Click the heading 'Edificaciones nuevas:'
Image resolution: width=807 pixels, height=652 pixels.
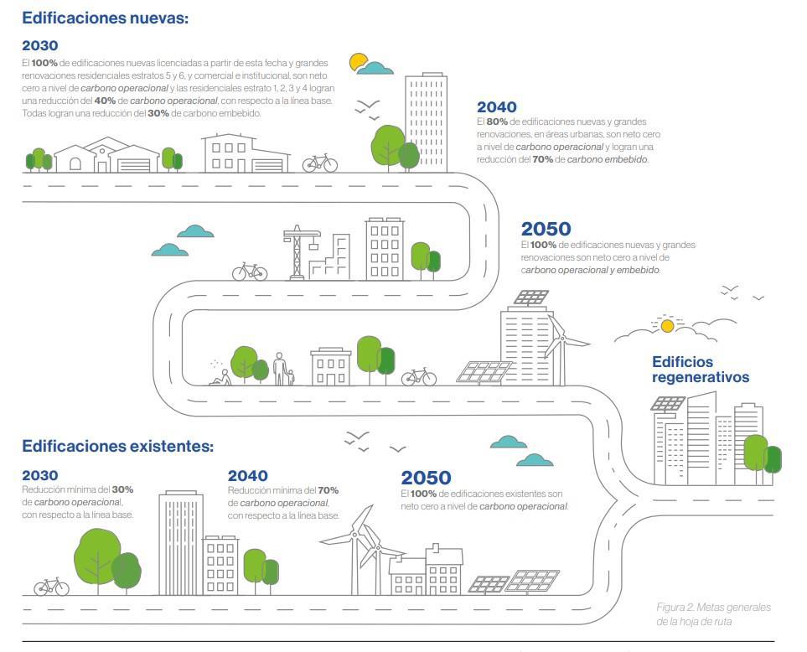tap(105, 18)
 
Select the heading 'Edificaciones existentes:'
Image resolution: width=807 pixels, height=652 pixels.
tap(117, 446)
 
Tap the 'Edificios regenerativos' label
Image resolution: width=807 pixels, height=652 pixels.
tap(701, 370)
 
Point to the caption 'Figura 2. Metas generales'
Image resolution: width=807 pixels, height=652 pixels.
tap(713, 608)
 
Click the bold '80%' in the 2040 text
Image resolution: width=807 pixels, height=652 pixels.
tap(497, 122)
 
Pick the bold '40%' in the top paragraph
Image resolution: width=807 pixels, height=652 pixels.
tap(105, 101)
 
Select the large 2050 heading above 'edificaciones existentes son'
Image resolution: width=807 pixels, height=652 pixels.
tap(427, 478)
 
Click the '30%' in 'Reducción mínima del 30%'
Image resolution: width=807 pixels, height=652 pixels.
tap(122, 489)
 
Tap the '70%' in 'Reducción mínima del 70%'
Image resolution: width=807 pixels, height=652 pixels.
tap(328, 490)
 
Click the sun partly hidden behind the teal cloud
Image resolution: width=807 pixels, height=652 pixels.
tap(357, 61)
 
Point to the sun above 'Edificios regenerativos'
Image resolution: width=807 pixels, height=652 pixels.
tap(667, 326)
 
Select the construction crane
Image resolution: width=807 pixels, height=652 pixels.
tap(301, 251)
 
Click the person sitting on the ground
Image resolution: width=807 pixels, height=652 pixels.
tap(222, 378)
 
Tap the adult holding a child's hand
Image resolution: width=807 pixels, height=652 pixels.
tap(279, 369)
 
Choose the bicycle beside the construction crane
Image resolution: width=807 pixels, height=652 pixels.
tap(250, 272)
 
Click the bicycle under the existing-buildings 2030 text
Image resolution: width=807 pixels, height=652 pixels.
tap(51, 587)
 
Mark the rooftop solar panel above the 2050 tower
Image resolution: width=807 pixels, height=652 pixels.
tap(531, 298)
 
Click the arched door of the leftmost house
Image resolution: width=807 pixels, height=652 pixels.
tap(75, 164)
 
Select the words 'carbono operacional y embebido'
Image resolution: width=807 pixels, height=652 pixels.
tap(590, 270)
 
